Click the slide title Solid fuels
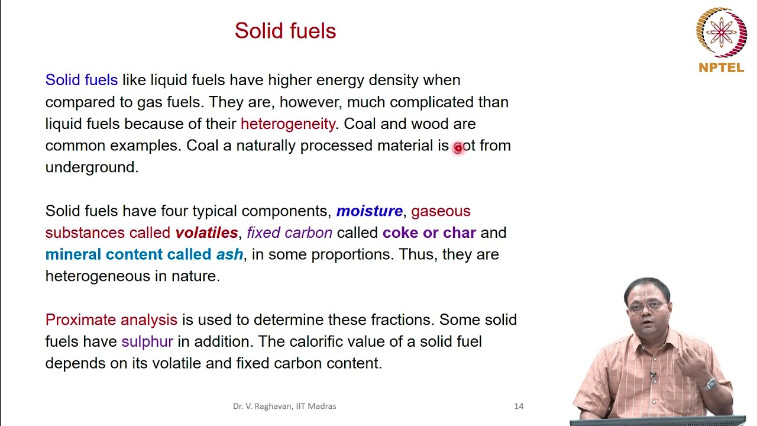click(285, 31)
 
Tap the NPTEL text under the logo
click(721, 68)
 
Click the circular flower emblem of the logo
click(721, 32)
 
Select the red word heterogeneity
click(288, 124)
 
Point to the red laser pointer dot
click(458, 148)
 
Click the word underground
click(92, 167)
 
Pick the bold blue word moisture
click(370, 211)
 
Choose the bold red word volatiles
click(206, 233)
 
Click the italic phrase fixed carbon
click(290, 233)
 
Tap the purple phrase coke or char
click(429, 233)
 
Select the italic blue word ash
click(229, 254)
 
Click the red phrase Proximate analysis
click(111, 320)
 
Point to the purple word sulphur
click(147, 341)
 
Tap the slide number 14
click(519, 406)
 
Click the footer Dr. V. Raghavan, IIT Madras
click(284, 406)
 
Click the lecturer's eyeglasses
click(646, 306)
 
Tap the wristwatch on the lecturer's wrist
click(710, 384)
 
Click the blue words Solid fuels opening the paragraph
click(82, 80)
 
